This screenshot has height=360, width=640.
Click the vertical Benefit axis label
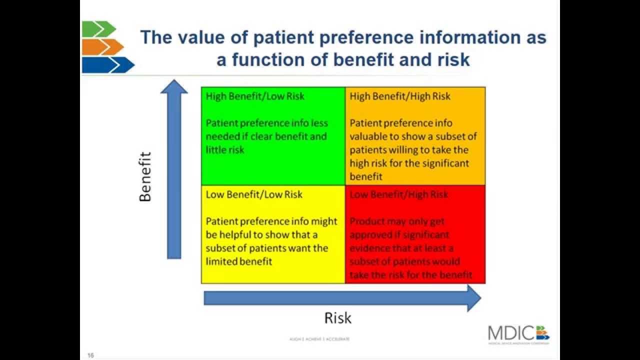pyautogui.click(x=145, y=176)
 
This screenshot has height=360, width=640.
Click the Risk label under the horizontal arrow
pyautogui.click(x=338, y=318)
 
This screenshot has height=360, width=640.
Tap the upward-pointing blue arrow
pyautogui.click(x=173, y=170)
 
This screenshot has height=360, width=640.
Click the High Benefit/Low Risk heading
pyautogui.click(x=255, y=96)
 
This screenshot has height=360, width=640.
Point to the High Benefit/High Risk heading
pyautogui.click(x=400, y=96)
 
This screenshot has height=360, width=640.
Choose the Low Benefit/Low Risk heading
pyautogui.click(x=254, y=194)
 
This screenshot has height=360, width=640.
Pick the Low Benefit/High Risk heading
pyautogui.click(x=399, y=194)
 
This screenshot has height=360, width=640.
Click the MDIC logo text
pyautogui.click(x=511, y=333)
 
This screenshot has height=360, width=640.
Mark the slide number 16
pyautogui.click(x=91, y=355)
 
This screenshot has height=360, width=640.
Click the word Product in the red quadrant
pyautogui.click(x=365, y=221)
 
